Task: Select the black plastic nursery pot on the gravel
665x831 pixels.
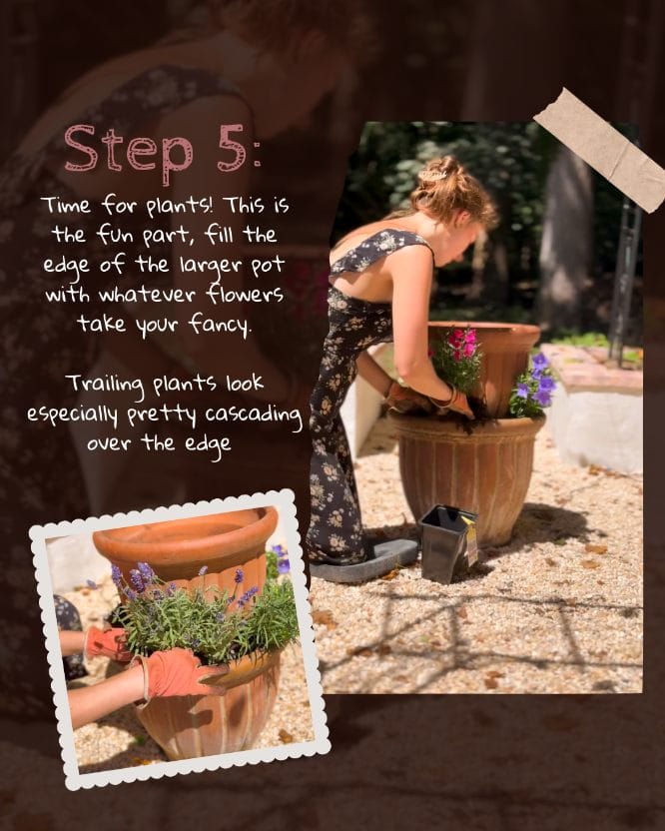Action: [x=448, y=542]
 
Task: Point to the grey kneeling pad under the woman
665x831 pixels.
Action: [x=365, y=562]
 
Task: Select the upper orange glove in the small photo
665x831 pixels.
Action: [x=108, y=643]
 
